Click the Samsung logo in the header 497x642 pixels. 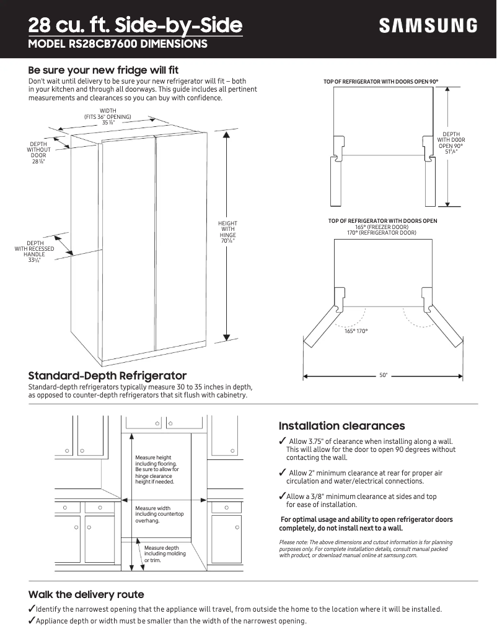pyautogui.click(x=428, y=26)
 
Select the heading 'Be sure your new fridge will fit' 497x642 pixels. pyautogui.click(x=103, y=70)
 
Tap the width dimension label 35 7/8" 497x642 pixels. pyautogui.click(x=108, y=123)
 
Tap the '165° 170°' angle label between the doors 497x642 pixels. pyautogui.click(x=356, y=332)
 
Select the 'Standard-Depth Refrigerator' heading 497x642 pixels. pyautogui.click(x=107, y=376)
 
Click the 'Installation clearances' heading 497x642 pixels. pyautogui.click(x=341, y=426)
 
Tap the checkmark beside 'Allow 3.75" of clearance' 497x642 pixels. pyautogui.click(x=282, y=441)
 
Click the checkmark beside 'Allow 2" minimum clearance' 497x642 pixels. pyautogui.click(x=282, y=473)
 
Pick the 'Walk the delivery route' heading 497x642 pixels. pyautogui.click(x=86, y=595)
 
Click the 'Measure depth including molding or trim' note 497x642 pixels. pyautogui.click(x=161, y=554)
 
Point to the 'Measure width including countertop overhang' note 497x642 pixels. pyautogui.click(x=159, y=514)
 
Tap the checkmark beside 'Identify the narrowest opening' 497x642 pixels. pyautogui.click(x=32, y=609)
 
